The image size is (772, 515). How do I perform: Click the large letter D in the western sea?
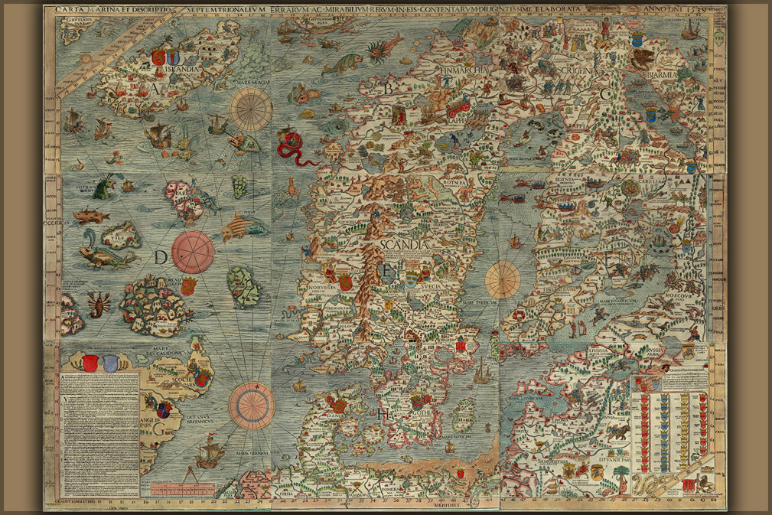160,258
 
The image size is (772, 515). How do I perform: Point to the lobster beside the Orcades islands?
98,302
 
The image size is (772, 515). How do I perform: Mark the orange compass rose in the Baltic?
503,279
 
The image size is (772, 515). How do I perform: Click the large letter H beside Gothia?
382,414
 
